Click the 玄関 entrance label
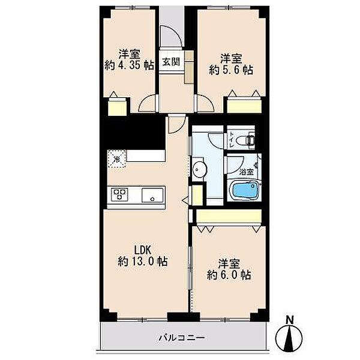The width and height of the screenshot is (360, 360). (171, 62)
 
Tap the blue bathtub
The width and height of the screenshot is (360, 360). (245, 190)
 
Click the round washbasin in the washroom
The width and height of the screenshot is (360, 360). (199, 169)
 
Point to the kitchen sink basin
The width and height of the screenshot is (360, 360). (152, 195)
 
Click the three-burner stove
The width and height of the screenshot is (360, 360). (119, 194)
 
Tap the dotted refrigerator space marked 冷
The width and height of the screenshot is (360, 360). (117, 159)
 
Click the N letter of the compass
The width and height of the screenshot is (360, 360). (290, 320)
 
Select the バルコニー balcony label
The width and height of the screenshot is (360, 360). (182, 338)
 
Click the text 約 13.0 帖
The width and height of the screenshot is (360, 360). (143, 261)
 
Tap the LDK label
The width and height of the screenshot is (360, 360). (142, 250)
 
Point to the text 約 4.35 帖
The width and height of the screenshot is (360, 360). (129, 65)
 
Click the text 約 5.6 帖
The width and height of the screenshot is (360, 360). (231, 70)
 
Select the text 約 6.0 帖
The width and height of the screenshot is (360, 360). (229, 275)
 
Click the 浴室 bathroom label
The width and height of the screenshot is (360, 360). (246, 172)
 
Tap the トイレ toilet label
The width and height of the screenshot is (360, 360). (232, 140)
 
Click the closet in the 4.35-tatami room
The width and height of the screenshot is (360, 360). (118, 106)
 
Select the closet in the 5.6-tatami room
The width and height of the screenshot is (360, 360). (244, 106)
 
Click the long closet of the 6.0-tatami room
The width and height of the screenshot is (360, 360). (229, 216)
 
